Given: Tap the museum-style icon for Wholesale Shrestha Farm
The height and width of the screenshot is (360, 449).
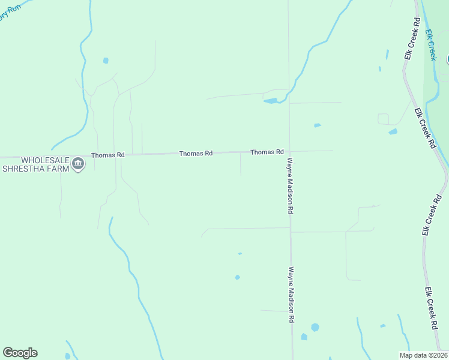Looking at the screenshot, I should (x=78, y=164).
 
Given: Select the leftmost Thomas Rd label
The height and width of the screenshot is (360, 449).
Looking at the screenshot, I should (x=108, y=155).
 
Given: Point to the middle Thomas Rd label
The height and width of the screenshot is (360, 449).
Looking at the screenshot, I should (x=196, y=154).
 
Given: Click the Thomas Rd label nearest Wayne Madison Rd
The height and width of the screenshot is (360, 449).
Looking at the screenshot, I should (x=267, y=152).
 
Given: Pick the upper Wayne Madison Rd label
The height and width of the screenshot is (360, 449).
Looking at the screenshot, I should (x=290, y=186).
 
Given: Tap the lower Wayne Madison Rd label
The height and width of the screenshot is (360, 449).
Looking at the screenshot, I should (x=291, y=296).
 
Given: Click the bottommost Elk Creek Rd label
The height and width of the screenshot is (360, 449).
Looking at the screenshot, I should (x=430, y=308).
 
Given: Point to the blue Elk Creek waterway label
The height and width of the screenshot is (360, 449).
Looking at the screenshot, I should (x=430, y=46).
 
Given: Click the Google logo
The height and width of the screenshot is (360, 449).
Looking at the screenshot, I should (x=20, y=353).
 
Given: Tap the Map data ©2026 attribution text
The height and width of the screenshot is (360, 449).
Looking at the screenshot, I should (x=423, y=355).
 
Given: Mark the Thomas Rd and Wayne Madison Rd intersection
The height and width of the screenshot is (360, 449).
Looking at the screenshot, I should (x=290, y=151).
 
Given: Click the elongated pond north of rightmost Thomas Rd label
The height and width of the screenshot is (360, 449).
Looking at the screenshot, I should (x=271, y=101).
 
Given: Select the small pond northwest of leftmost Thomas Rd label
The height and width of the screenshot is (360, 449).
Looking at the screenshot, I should (x=106, y=61).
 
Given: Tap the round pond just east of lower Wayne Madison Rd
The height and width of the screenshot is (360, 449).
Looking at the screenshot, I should (x=315, y=327).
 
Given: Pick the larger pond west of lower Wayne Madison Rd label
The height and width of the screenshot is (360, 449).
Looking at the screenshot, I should (x=237, y=277).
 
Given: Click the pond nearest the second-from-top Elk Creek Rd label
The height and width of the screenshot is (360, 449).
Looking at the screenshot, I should (x=393, y=131).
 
